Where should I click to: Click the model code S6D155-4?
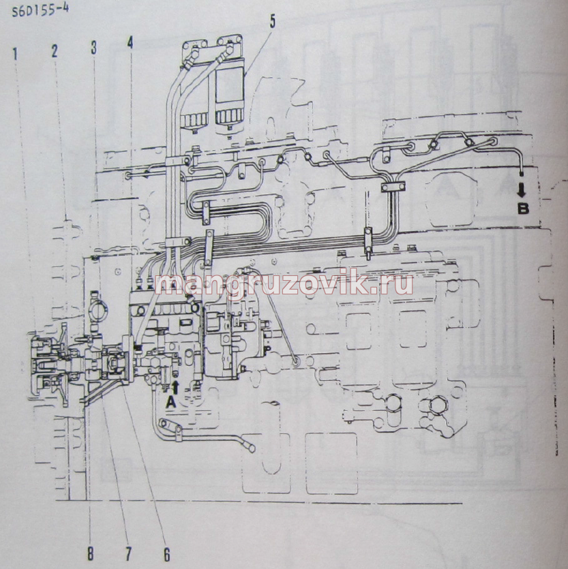[x=40, y=10]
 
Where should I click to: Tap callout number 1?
[x=15, y=54]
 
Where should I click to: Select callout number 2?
[x=55, y=51]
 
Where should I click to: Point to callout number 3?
[x=93, y=48]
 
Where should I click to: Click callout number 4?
[x=130, y=42]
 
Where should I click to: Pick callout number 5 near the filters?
[x=272, y=21]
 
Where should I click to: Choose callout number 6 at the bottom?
[x=166, y=554]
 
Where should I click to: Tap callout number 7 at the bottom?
[x=128, y=554]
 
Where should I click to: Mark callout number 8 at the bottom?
[x=90, y=554]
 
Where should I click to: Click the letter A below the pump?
[x=171, y=402]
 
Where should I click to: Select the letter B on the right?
[x=522, y=209]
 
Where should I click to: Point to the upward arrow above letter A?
[x=175, y=387]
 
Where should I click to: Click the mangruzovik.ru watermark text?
[x=284, y=283]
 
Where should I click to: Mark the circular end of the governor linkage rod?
[x=296, y=361]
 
